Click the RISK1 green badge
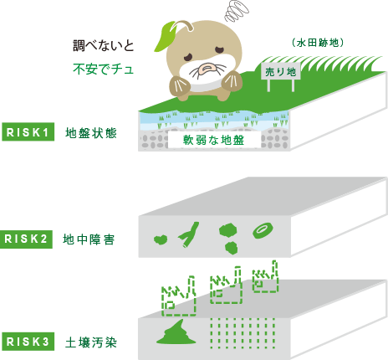pos(28,132)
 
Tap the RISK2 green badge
pos(26,239)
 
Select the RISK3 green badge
pos(28,342)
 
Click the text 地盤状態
pos(91,133)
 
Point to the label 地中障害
pos(89,239)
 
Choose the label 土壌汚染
pos(91,342)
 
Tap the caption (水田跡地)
pos(318,43)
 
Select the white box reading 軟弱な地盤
pos(214,140)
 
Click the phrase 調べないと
pos(104,45)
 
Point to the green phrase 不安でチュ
pos(104,69)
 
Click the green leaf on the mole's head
pos(165,36)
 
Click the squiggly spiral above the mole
pos(237,11)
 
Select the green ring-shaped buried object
pos(263,231)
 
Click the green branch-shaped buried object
pos(189,234)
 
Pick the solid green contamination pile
pos(176,332)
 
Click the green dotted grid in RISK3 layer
pos(242,333)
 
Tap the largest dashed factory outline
pos(179,296)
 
